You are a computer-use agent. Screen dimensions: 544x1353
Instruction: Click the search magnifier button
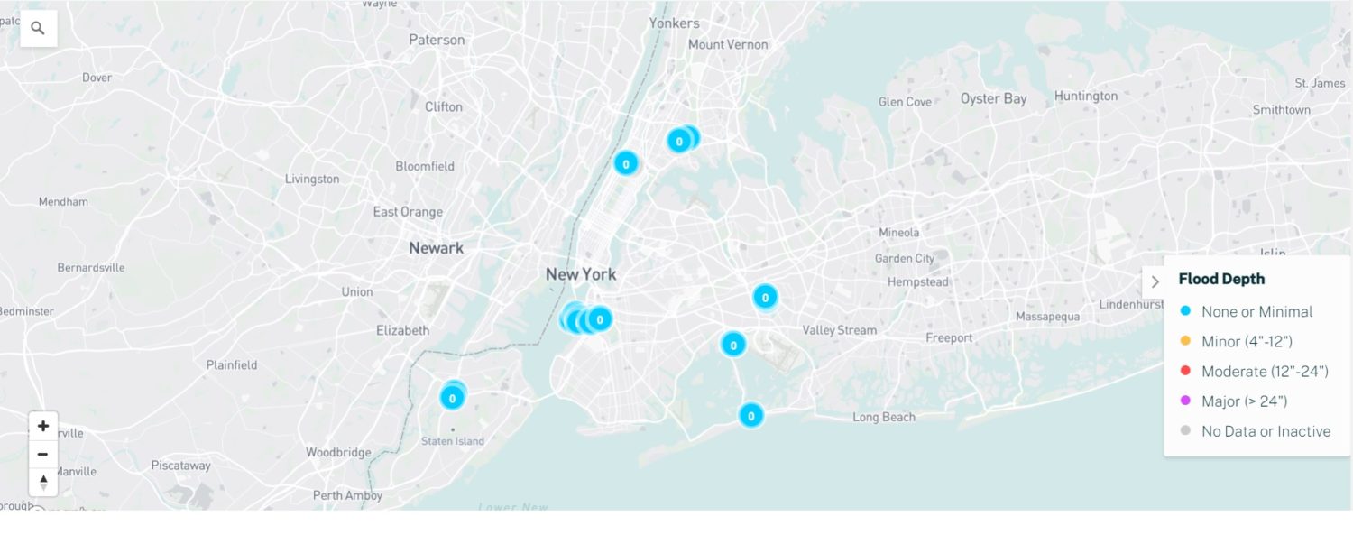[38, 29]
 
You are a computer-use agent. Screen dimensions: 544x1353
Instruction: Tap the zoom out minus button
[42, 454]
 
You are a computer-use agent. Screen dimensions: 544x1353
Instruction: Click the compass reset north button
[42, 482]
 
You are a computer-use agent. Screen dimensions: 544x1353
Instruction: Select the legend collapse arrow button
[1155, 282]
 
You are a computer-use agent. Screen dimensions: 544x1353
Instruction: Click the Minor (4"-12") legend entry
[1247, 341]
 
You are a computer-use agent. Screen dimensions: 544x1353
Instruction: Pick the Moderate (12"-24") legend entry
[1264, 371]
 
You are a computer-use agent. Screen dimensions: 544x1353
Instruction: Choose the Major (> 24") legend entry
[1244, 401]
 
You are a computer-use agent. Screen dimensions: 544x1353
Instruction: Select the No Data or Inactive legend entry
[1265, 431]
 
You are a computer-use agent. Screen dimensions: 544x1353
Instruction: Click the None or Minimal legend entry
[1256, 311]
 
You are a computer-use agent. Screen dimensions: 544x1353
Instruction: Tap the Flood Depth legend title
[1221, 279]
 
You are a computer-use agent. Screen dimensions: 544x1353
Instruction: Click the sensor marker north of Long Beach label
[750, 415]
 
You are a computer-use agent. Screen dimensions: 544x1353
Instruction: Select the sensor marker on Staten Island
[452, 397]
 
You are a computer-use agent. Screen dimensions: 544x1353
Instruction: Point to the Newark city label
[436, 248]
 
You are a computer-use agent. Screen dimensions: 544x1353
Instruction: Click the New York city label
[581, 274]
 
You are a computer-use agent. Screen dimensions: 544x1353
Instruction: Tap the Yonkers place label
[674, 23]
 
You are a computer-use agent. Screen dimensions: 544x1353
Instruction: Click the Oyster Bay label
[993, 98]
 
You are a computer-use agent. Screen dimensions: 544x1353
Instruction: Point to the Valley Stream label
[839, 330]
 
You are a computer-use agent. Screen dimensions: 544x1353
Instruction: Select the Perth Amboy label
[347, 495]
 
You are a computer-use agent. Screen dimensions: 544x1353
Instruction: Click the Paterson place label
[437, 40]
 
